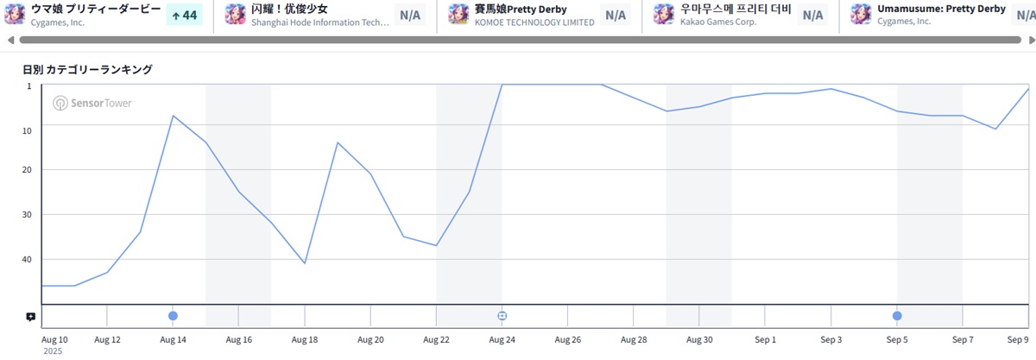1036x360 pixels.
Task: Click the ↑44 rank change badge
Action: [x=183, y=15]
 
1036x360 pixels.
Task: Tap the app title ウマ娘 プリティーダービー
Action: [x=96, y=9]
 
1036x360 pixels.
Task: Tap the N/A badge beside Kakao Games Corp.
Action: [x=812, y=15]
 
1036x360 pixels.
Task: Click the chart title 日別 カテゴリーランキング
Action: [x=87, y=69]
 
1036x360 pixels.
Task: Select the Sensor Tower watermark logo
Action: [x=92, y=104]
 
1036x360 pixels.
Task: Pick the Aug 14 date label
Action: [x=173, y=340]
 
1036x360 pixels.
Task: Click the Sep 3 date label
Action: [x=831, y=340]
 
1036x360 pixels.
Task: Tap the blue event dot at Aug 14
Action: [x=173, y=316]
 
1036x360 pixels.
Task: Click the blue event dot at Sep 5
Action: [x=897, y=316]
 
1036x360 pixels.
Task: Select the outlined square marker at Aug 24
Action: [x=502, y=316]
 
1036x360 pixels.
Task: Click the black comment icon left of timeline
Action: [x=30, y=317]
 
